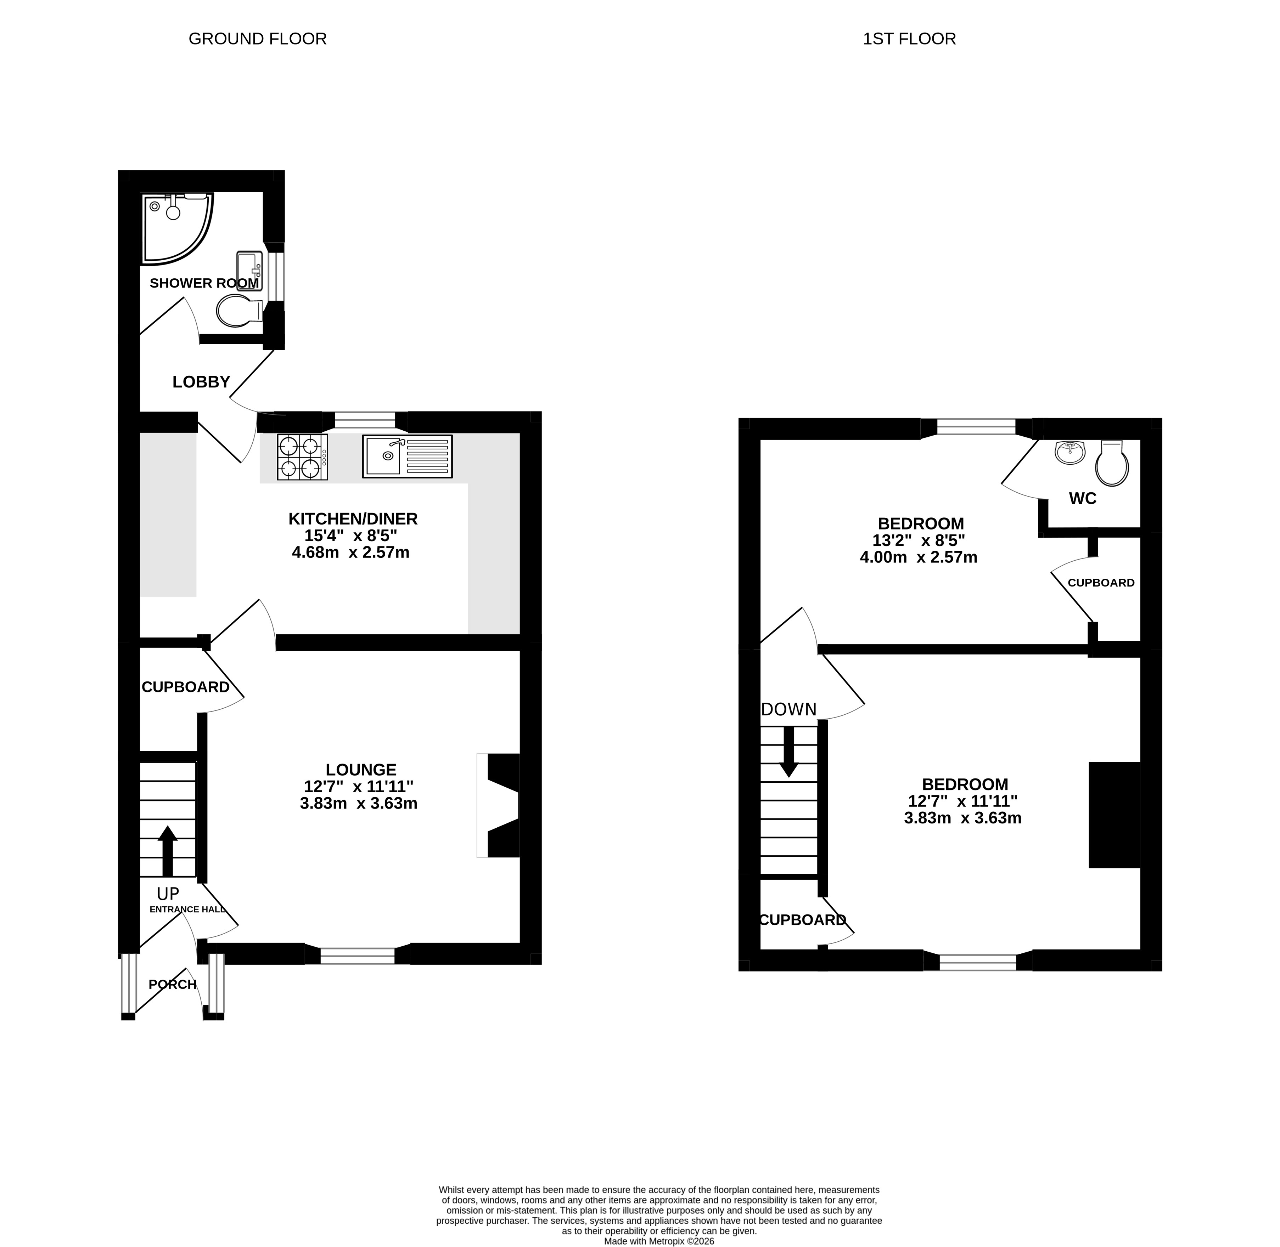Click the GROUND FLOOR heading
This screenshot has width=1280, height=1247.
[x=258, y=39]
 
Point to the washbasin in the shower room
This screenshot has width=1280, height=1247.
[x=250, y=271]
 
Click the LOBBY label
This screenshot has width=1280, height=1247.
[x=201, y=382]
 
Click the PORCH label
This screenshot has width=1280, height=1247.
[x=172, y=984]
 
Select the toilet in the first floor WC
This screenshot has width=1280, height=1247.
[x=1112, y=463]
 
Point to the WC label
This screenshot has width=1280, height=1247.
[x=1083, y=498]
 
